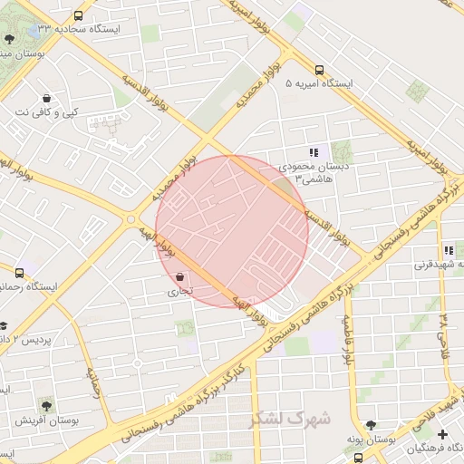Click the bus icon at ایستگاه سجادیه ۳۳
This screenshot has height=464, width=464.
pyautogui.click(x=78, y=15)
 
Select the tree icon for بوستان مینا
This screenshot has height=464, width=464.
pyautogui.click(x=9, y=39)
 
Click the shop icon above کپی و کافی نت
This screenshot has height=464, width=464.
pyautogui.click(x=46, y=98)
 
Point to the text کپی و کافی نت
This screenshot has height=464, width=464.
pyautogui.click(x=46, y=113)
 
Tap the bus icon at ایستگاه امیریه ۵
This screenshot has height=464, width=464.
pyautogui.click(x=318, y=70)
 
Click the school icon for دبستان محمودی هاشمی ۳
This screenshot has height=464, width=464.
pyautogui.click(x=314, y=153)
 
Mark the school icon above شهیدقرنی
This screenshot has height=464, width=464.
pyautogui.click(x=448, y=250)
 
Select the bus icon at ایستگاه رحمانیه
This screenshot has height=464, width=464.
pyautogui.click(x=19, y=272)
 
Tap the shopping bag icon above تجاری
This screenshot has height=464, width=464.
pyautogui.click(x=179, y=276)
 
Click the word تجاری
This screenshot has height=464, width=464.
pyautogui.click(x=179, y=292)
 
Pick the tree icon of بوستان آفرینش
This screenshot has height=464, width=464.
pyautogui.click(x=46, y=405)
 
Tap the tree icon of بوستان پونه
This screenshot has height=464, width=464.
pyautogui.click(x=370, y=425)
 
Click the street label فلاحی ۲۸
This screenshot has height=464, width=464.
pyautogui.click(x=442, y=332)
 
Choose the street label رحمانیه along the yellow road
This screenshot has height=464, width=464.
pyautogui.click(x=93, y=383)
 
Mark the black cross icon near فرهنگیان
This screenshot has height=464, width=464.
pyautogui.click(x=442, y=434)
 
